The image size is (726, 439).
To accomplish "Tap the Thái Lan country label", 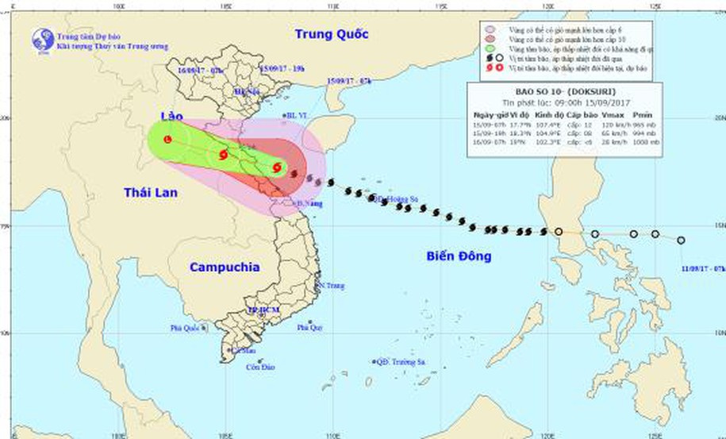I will [151, 191].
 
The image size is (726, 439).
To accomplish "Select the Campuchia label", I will [225, 268].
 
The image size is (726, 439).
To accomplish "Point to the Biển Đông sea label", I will [458, 256].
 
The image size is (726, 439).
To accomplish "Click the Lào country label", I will [171, 117].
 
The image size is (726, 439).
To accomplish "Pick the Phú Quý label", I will [309, 327].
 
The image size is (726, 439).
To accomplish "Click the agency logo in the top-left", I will [43, 40].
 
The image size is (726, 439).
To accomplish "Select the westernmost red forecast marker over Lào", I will [167, 140].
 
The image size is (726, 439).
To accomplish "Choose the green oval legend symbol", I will [492, 48].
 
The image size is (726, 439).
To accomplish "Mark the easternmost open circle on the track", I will [681, 240].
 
